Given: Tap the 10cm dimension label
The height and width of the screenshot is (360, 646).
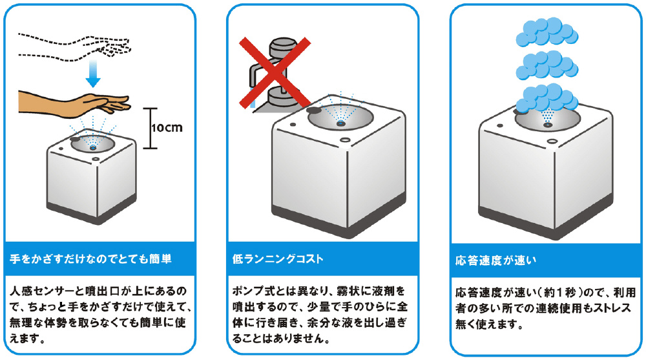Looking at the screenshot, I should [x=166, y=127].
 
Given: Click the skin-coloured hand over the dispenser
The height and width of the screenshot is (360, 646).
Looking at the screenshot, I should [x=78, y=101].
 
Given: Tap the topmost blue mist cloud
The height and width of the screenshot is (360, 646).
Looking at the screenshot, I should [x=543, y=29].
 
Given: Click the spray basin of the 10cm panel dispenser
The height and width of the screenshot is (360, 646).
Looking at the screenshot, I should [x=92, y=144].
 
